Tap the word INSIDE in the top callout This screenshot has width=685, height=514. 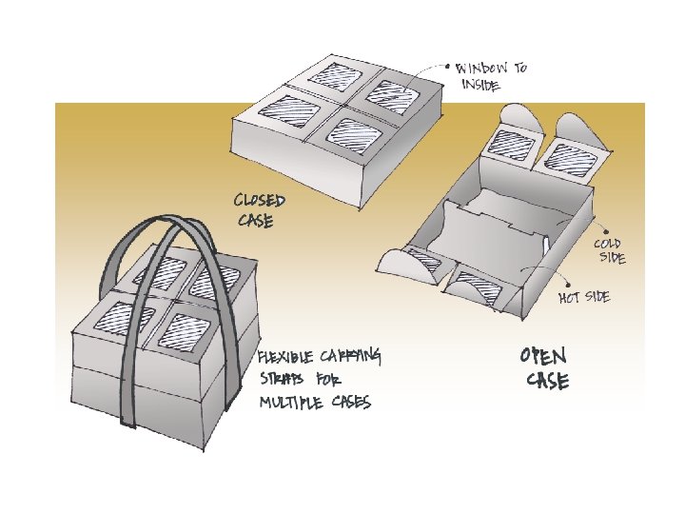point(479,85)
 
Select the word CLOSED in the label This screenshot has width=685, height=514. point(259,202)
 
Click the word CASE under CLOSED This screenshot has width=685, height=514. point(255,221)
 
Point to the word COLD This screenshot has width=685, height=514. point(608,245)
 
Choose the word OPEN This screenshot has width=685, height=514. point(543,356)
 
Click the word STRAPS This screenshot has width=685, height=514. point(281,380)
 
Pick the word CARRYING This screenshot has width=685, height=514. point(352,357)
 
